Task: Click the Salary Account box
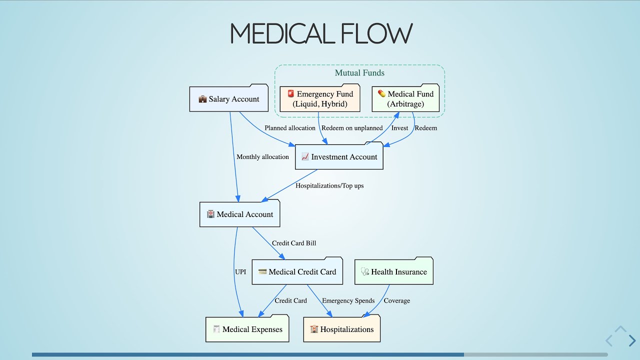pyautogui.click(x=229, y=99)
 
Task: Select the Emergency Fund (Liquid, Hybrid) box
pyautogui.click(x=320, y=99)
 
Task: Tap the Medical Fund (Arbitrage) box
pyautogui.click(x=405, y=99)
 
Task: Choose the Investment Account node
pyautogui.click(x=339, y=157)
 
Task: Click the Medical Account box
pyautogui.click(x=239, y=214)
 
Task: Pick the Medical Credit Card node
pyautogui.click(x=297, y=272)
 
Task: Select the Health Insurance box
pyautogui.click(x=393, y=272)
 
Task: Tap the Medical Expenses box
pyautogui.click(x=247, y=329)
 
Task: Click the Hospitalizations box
pyautogui.click(x=341, y=329)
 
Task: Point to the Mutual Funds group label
pyautogui.click(x=359, y=73)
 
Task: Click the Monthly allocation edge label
pyautogui.click(x=262, y=157)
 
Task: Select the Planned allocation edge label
pyautogui.click(x=290, y=128)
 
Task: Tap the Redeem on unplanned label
pyautogui.click(x=352, y=128)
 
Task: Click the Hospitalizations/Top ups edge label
pyautogui.click(x=329, y=185)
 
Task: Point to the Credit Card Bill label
pyautogui.click(x=294, y=243)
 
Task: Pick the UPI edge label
pyautogui.click(x=240, y=272)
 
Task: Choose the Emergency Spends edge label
pyautogui.click(x=348, y=301)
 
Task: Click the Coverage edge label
pyautogui.click(x=397, y=301)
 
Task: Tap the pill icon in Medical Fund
pyautogui.click(x=381, y=93)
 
